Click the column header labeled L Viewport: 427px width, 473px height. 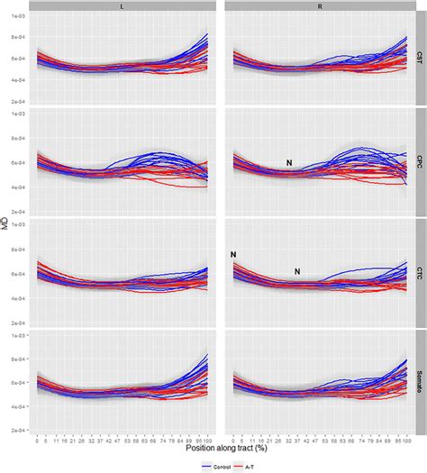coord(123,5)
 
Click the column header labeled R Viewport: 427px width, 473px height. coord(319,5)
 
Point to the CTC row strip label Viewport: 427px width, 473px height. coord(421,271)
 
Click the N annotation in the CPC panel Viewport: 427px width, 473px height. coord(289,162)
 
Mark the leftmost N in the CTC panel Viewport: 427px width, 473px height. coord(232,255)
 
